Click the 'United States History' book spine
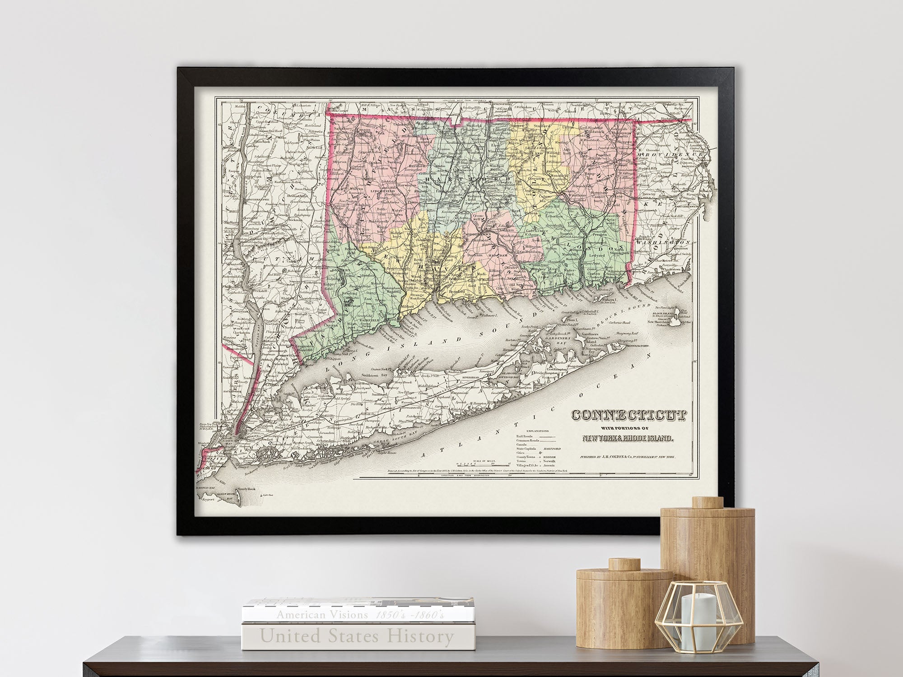357,637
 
